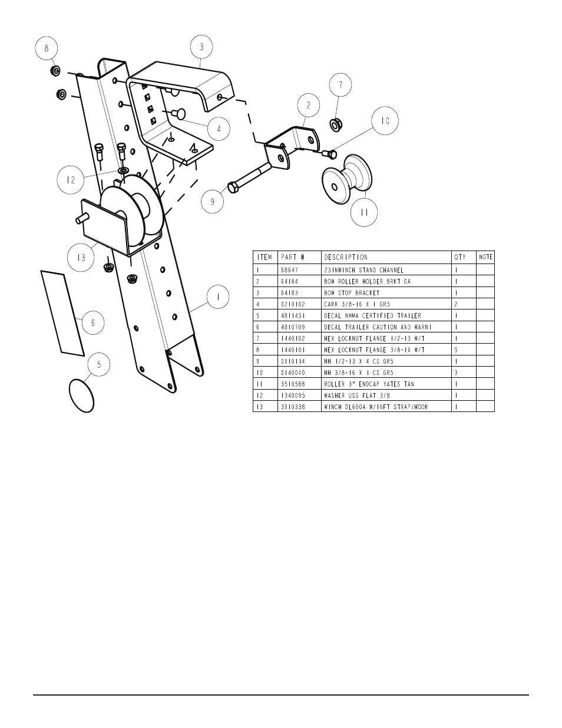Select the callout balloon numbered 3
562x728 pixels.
tap(201, 47)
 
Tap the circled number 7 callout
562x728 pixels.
tap(339, 85)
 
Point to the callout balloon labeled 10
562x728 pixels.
tap(385, 121)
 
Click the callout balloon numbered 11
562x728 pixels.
tap(364, 213)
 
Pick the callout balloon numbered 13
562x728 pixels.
tap(81, 258)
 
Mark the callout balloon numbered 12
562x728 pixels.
tap(71, 180)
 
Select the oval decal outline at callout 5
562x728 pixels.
tap(82, 396)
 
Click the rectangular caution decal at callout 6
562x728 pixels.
tap(62, 313)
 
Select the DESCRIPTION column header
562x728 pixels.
tap(346, 257)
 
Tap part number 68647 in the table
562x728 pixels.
tap(290, 270)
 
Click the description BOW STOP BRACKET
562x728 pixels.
tap(352, 293)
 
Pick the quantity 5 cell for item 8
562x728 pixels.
tap(457, 350)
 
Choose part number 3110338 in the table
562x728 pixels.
tap(293, 407)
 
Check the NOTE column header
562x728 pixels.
tap(485, 257)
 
